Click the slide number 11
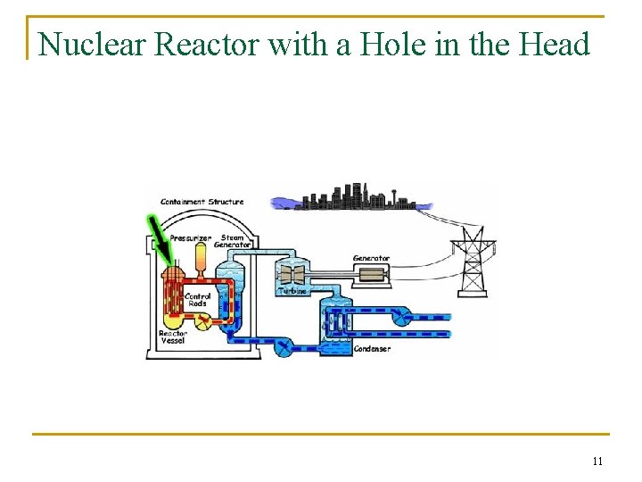[x=597, y=461]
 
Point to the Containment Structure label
[x=202, y=202]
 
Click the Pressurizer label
[x=191, y=239]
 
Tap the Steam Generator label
[x=233, y=242]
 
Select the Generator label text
[x=371, y=259]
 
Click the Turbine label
[x=292, y=291]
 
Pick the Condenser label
[x=372, y=349]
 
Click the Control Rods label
[x=197, y=300]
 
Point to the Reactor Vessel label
[x=173, y=337]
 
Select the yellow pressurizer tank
[x=201, y=259]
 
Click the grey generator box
[x=370, y=274]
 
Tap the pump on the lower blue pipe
[x=283, y=345]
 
